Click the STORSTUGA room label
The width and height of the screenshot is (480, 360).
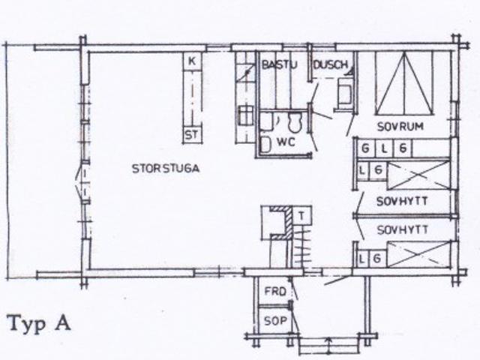tap(166, 169)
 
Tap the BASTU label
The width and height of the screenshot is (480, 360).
tap(280, 65)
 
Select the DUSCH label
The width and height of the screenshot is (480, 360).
tap(331, 64)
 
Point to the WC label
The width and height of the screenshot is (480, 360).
tap(286, 142)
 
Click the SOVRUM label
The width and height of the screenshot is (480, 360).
tap(400, 127)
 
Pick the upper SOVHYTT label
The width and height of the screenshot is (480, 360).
tap(402, 202)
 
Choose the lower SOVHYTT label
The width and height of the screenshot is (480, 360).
tap(403, 230)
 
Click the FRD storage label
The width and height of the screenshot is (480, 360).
tap(275, 291)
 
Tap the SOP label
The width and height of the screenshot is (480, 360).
tap(275, 320)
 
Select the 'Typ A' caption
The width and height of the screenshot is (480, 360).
tap(40, 324)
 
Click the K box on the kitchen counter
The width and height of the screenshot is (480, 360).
tap(192, 61)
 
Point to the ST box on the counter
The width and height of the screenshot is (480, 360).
tap(192, 135)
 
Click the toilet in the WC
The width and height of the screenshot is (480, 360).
tap(295, 121)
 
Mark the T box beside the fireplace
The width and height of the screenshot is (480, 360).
tap(301, 216)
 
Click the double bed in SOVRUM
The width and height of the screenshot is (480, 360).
tap(404, 82)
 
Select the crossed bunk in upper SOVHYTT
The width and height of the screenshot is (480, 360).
tap(418, 175)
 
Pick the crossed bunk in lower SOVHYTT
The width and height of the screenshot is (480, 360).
tap(418, 254)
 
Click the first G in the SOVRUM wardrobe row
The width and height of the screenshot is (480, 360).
tap(365, 148)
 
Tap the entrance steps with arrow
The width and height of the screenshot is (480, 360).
tap(328, 345)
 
